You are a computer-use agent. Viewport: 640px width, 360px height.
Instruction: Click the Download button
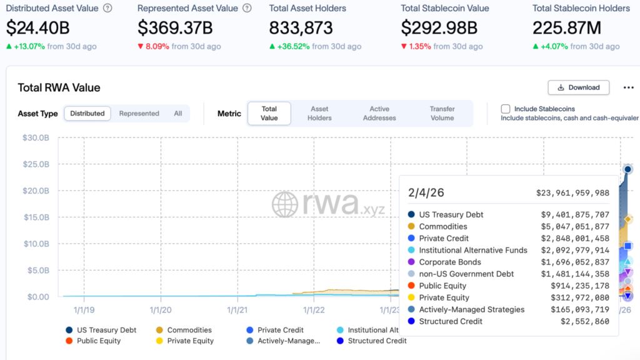(578, 87)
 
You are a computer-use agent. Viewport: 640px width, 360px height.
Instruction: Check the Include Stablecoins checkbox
(506, 109)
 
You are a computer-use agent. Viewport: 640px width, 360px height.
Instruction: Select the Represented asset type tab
(139, 114)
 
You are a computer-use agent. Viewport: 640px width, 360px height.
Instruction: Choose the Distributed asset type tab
(87, 114)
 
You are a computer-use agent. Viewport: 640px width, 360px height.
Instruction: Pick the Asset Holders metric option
(319, 113)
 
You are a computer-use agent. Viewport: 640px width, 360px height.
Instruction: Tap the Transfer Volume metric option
(442, 113)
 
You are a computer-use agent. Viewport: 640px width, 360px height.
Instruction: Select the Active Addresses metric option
(379, 113)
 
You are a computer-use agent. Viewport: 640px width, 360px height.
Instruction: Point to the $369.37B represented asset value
(175, 28)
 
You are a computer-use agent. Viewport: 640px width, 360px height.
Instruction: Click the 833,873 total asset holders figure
(301, 28)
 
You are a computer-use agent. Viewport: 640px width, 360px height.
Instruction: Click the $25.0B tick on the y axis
(36, 164)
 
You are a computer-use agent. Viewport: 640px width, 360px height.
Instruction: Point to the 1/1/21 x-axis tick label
(238, 309)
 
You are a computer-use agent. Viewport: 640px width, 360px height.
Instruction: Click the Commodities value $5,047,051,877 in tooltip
(575, 226)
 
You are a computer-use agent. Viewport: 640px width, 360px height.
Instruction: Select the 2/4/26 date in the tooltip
(426, 193)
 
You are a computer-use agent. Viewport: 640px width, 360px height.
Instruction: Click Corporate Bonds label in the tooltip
(450, 262)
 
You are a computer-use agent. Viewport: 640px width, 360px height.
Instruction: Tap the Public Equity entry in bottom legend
(99, 341)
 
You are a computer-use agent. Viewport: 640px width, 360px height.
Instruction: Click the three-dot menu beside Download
(629, 87)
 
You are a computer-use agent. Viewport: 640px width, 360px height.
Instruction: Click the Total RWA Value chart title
(59, 87)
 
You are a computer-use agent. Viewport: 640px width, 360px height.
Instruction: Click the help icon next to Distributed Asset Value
(107, 8)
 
